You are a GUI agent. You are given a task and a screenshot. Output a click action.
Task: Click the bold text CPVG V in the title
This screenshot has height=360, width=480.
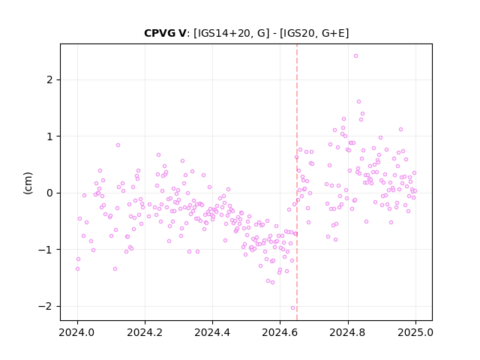165,33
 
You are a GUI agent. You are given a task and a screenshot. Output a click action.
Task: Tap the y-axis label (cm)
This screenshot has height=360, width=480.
28,183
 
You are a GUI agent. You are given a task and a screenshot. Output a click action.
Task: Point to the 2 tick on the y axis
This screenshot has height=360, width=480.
49,80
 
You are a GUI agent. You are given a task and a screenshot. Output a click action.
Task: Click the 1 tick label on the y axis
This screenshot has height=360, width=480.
49,136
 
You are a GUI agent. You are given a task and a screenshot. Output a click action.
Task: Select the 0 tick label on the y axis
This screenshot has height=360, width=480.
49,193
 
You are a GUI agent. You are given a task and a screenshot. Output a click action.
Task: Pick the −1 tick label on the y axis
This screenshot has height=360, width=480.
45,250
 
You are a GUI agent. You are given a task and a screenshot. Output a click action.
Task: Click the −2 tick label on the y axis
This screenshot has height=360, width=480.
45,307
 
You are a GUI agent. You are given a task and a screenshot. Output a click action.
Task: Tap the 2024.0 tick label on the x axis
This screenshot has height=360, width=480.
77,332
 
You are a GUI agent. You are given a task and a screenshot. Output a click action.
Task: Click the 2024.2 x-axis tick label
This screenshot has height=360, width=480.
145,332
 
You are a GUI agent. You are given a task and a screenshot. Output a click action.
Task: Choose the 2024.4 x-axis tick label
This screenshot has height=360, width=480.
212,332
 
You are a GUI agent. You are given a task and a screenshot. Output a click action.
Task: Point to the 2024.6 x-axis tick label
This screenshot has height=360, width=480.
280,332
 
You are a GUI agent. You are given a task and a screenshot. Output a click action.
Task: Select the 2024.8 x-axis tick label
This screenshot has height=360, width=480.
347,332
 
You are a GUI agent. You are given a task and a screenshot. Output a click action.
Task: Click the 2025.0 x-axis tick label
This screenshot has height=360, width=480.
415,332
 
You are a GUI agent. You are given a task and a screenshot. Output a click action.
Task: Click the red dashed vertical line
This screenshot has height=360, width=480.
297,182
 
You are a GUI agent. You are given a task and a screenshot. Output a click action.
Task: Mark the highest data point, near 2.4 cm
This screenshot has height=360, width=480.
355,56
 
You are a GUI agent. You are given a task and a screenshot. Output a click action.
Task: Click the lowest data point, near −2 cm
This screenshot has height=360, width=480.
293,308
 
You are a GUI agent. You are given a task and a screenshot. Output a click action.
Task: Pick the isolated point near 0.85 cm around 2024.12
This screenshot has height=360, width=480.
118,145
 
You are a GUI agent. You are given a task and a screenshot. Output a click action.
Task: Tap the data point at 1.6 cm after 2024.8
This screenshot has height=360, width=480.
358,102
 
